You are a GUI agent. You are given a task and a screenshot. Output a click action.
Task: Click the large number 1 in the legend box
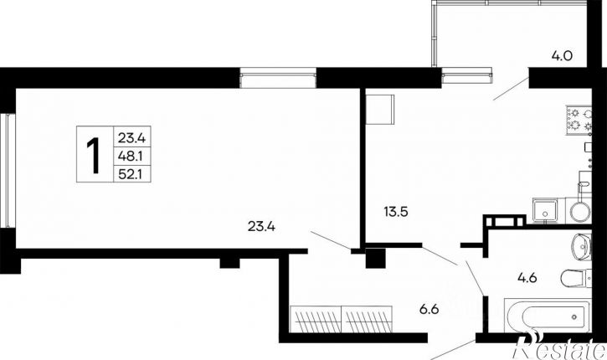[93, 155]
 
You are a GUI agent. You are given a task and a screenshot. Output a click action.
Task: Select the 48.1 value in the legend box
[131, 156]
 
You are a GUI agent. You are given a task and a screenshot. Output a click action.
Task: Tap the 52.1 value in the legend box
[131, 175]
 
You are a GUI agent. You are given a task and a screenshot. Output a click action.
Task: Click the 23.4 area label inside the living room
[261, 226]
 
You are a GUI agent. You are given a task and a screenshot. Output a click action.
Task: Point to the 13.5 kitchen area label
[396, 212]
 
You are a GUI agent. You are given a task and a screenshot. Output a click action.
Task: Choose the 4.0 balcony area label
[562, 56]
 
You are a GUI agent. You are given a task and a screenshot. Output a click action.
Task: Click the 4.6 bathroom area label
[527, 278]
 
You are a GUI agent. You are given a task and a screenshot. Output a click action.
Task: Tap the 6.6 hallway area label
[429, 309]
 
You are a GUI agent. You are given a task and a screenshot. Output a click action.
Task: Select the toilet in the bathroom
[576, 278]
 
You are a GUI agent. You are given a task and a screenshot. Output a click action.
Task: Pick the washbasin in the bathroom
[581, 246]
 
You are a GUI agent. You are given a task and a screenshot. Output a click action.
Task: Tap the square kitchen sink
[545, 210]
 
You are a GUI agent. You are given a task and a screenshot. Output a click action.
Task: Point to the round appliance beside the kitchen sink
[579, 211]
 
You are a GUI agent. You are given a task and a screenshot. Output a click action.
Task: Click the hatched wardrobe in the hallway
[341, 319]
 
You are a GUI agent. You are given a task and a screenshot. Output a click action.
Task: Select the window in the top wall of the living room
[278, 77]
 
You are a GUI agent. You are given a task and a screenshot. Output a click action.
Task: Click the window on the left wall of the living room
[8, 170]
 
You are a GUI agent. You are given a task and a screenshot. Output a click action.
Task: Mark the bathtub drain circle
[574, 317]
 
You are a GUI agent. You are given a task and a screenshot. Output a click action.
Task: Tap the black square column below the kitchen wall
[376, 258]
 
